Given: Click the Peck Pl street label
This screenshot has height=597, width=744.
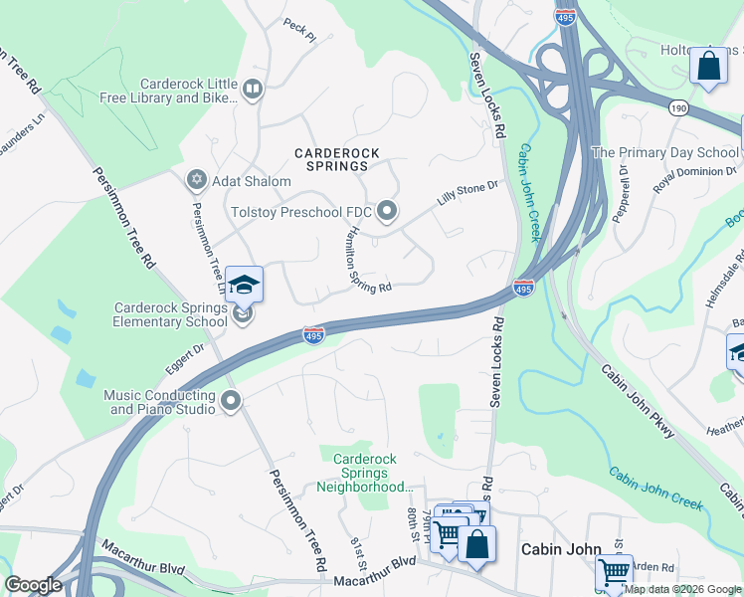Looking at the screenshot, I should tap(298, 36).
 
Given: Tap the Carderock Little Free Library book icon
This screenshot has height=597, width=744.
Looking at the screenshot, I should tap(252, 91).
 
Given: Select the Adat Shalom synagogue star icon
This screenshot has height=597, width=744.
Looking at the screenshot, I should tap(196, 180).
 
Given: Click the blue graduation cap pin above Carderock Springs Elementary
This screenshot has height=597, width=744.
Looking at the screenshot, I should tap(244, 286).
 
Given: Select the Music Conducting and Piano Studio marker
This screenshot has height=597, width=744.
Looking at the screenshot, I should tap(231, 402).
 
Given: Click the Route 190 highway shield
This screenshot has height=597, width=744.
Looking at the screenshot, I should tap(678, 106).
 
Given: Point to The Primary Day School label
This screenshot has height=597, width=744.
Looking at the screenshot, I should tap(664, 152).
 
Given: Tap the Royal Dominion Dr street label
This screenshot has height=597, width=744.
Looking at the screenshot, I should tap(687, 170).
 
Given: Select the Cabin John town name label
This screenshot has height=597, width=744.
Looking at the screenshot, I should tap(562, 549).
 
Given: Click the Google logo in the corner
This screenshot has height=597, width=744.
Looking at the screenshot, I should tap(33, 585).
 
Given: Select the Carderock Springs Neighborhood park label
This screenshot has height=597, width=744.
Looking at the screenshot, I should tap(364, 473).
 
